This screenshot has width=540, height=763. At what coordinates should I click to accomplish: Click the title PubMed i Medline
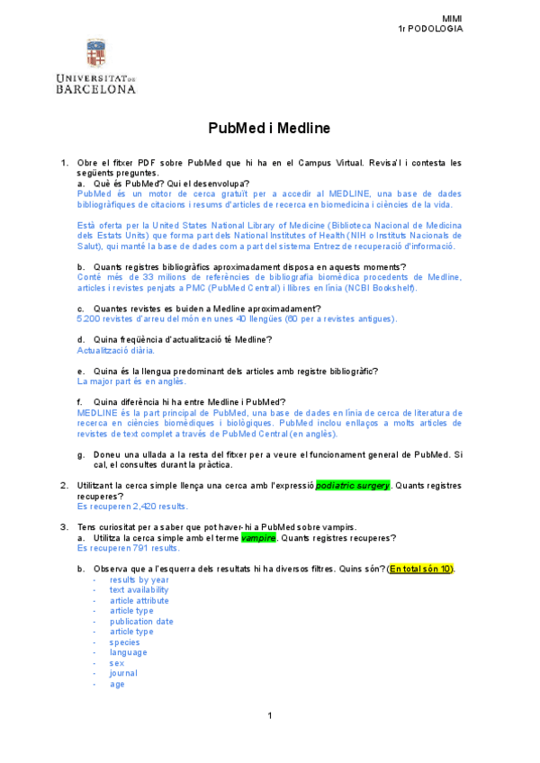coord(270,129)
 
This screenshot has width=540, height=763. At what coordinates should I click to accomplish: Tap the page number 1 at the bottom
coord(269,715)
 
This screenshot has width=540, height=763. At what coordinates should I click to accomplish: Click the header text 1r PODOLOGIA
coord(430,29)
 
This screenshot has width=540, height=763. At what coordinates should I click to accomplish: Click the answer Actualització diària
coord(116,350)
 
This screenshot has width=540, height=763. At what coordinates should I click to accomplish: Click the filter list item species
coord(124,642)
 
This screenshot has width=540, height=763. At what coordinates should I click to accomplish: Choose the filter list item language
coord(128,652)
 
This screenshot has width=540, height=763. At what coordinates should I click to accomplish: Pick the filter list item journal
coord(123,673)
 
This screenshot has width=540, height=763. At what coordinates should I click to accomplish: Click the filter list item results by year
coord(139,580)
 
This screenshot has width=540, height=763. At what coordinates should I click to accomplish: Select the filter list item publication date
coord(141,622)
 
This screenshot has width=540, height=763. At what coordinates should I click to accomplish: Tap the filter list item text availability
coord(139,590)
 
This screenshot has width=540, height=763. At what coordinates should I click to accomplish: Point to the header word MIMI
coord(452,19)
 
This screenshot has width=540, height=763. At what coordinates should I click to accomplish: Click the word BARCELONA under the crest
coord(95,90)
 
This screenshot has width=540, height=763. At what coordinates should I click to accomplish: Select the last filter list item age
coord(117,684)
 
